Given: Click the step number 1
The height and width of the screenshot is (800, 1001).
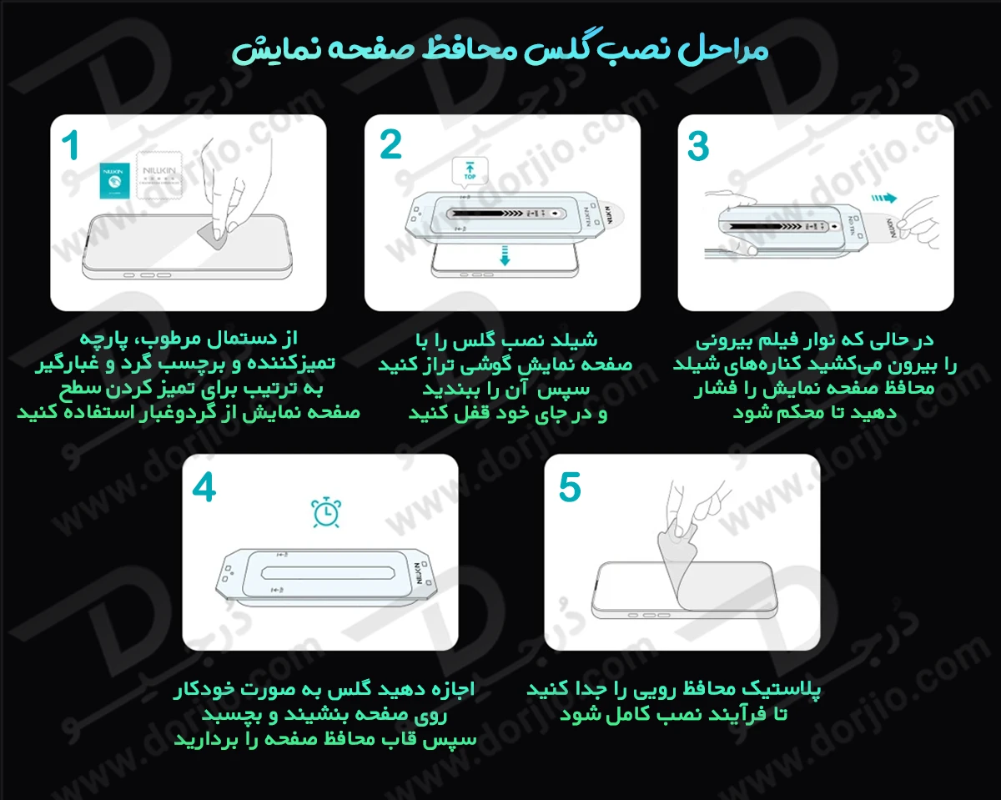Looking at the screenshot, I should (x=71, y=146).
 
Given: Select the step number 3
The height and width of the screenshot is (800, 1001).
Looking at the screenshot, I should (x=697, y=146).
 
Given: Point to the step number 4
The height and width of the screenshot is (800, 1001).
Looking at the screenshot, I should (x=204, y=488).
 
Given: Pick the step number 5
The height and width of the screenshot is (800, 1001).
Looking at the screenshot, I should (x=569, y=488).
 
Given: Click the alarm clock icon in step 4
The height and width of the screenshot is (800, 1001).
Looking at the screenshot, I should (x=324, y=512).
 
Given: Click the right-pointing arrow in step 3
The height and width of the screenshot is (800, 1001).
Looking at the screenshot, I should (x=883, y=199).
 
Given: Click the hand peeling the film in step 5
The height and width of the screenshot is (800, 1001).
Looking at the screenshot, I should (x=697, y=509).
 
